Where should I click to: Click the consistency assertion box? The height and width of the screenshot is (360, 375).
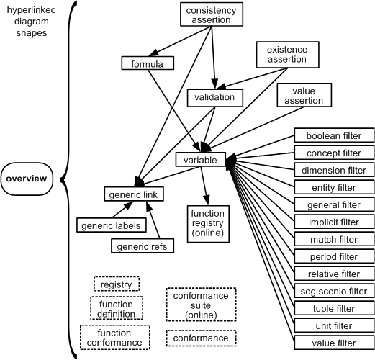pos(212,14)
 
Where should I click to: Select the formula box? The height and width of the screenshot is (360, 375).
pos(148,63)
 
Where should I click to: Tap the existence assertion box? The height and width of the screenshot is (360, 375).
pos(287,55)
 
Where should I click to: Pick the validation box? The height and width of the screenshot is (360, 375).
pos(214,98)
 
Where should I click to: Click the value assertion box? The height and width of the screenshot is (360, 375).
pos(304,95)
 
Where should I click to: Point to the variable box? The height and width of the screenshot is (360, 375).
pos(201,159)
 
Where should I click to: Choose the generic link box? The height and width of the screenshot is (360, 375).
pos(134,194)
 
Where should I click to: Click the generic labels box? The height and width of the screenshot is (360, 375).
pos(112,225)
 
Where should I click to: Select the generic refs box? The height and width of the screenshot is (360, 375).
pos(143,246)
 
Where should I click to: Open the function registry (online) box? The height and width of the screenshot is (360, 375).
pos(208,224)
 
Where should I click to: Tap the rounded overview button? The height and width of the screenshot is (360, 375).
pos(27,179)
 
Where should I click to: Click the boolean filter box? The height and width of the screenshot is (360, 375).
pos(334,135)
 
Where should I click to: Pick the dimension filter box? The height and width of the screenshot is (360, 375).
pos(334,170)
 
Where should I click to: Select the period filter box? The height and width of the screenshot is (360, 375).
pos(334,256)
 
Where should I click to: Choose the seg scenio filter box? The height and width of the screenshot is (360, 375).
pos(334,291)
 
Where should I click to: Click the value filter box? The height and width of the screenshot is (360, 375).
pos(334,343)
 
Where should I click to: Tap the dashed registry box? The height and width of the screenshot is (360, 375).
pos(117,284)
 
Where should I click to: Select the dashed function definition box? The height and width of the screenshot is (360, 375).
pos(117,308)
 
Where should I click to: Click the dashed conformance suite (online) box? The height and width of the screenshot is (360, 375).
pos(202,305)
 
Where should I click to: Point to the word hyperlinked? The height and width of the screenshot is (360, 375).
pos(32,10)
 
